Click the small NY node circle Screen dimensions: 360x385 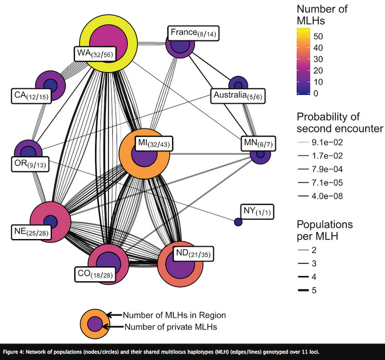click(x=238, y=222)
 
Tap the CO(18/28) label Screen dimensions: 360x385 click(x=94, y=273)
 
